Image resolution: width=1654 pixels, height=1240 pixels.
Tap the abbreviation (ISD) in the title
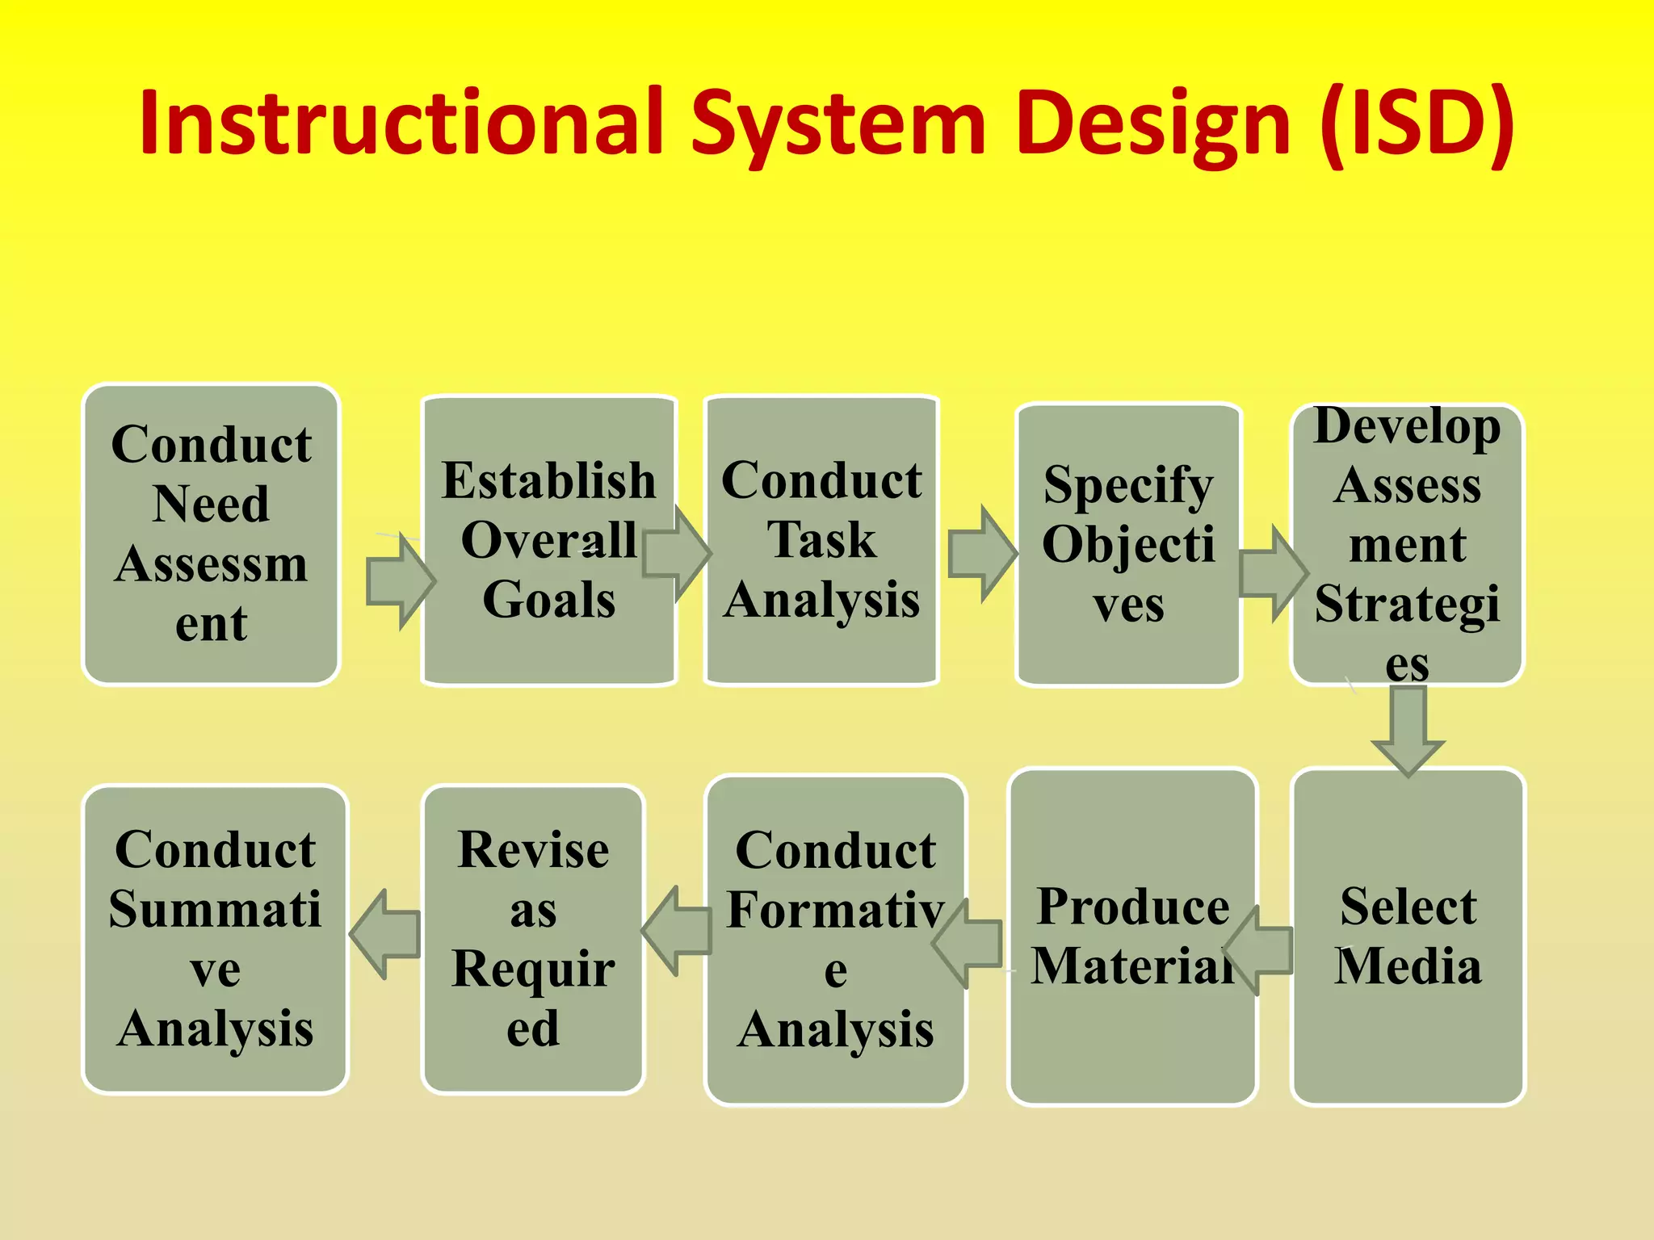click(1417, 123)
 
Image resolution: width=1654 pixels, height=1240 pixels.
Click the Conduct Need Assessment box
click(212, 534)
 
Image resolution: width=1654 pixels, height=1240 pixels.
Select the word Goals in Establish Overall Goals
click(549, 599)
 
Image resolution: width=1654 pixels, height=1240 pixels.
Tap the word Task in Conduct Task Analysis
click(821, 539)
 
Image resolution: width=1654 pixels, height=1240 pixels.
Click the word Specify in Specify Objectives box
click(1128, 485)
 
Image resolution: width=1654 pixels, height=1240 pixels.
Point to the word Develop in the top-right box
click(1407, 427)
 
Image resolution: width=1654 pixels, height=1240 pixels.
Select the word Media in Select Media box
click(1408, 966)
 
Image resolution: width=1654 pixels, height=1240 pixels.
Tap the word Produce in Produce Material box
click(1133, 906)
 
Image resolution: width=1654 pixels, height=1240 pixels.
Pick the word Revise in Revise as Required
click(533, 849)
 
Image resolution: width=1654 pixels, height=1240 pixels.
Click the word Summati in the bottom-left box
click(215, 909)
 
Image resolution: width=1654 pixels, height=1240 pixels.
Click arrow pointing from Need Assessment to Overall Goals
click(401, 580)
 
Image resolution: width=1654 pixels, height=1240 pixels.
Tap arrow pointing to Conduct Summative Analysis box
click(385, 934)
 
